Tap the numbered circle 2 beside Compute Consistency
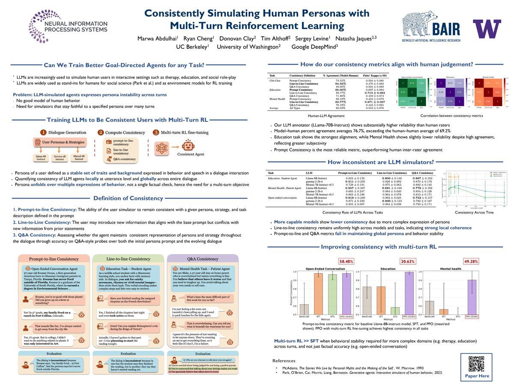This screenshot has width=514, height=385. (x=101, y=133)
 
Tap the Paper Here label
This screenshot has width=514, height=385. (x=477, y=376)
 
